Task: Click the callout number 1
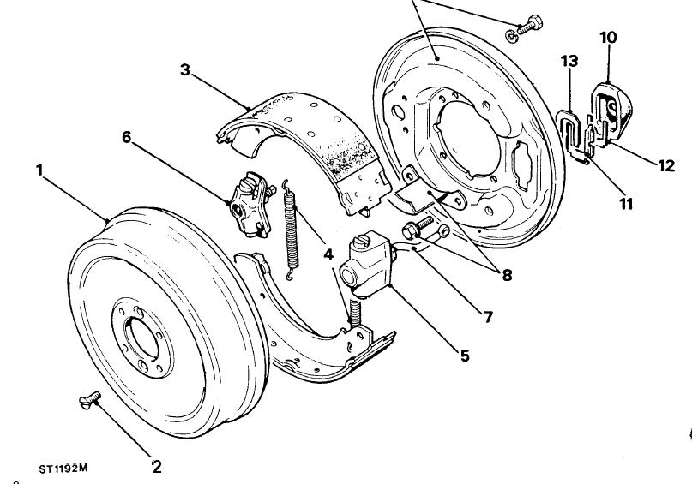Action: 39,170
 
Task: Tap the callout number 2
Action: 157,466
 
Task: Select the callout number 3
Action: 185,69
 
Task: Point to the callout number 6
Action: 127,137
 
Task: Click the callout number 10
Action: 608,38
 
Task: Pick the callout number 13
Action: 569,61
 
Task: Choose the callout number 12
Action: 666,165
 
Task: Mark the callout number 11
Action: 626,204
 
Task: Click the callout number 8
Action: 507,276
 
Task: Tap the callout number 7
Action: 488,316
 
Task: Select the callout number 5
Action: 465,356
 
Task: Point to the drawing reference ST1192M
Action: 63,468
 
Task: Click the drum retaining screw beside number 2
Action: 90,399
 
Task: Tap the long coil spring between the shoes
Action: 291,230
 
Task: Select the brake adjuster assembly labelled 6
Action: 250,204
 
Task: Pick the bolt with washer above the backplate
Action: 525,28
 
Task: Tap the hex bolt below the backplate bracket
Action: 417,228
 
